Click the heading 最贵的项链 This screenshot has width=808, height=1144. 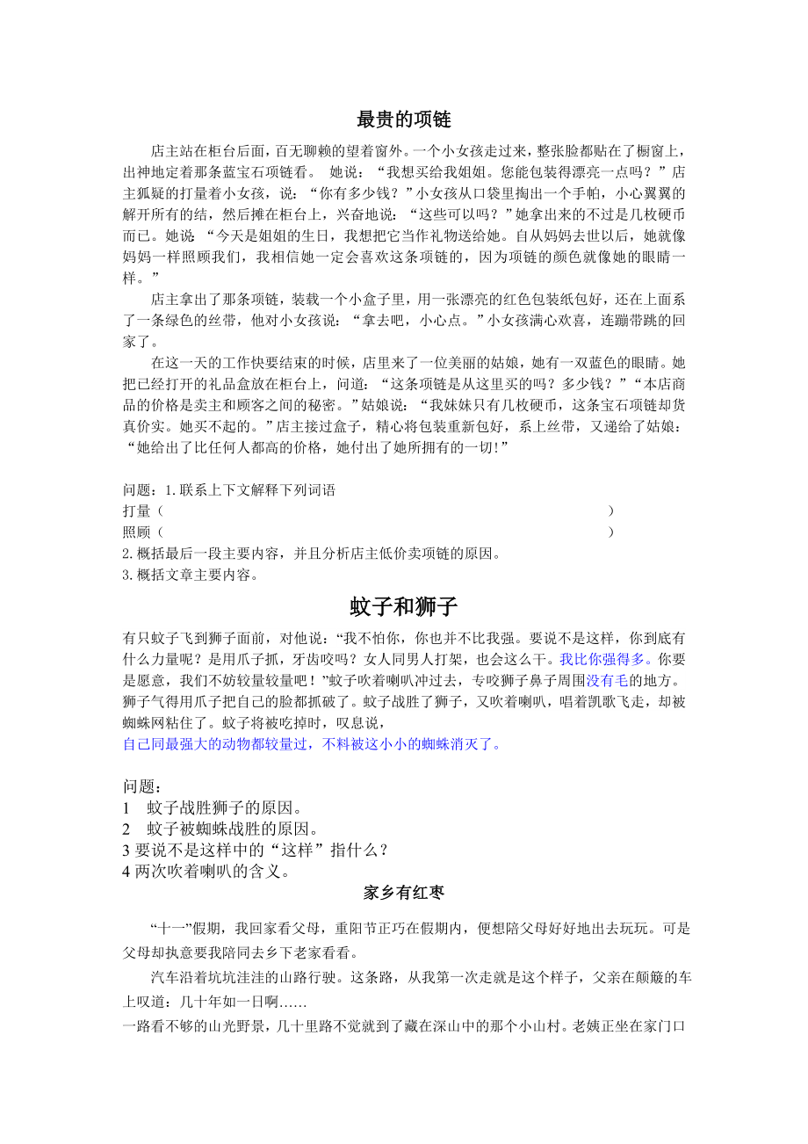coord(404,119)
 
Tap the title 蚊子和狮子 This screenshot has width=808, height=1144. coord(404,606)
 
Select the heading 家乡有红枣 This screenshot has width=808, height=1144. coord(404,893)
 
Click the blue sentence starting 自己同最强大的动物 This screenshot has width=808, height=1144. coord(313,744)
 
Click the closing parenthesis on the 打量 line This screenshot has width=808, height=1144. coord(611,510)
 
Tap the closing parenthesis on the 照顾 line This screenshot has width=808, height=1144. coord(611,532)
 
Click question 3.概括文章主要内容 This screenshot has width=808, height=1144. coord(191,576)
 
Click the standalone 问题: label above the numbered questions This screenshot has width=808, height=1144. coord(142,786)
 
